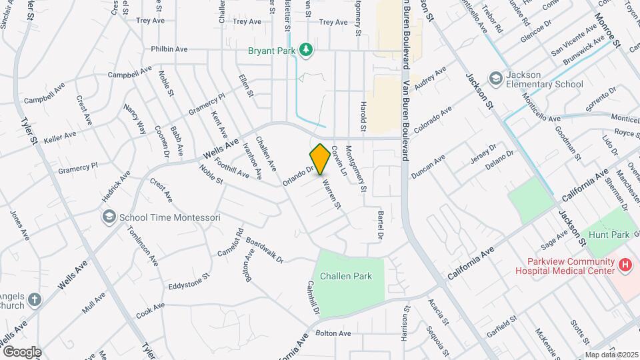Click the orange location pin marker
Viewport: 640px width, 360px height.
(x=320, y=158)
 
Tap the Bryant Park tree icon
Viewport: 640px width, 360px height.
(x=306, y=49)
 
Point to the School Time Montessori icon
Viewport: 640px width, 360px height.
(x=108, y=217)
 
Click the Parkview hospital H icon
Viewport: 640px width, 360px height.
(x=625, y=265)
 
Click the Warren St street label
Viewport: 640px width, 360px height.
(x=331, y=194)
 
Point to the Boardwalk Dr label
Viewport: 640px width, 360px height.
(x=265, y=250)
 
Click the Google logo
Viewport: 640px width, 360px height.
(x=21, y=351)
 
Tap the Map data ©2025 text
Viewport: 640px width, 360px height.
(x=611, y=355)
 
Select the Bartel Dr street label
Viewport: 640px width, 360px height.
(x=380, y=227)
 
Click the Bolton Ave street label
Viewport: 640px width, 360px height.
(x=333, y=333)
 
